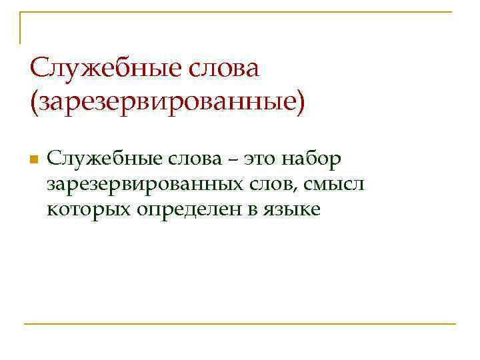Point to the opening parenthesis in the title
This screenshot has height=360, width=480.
click(33, 103)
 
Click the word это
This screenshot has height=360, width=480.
click(259, 159)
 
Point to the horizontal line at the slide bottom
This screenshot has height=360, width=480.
click(240, 324)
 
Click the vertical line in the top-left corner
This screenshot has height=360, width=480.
click(20, 27)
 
